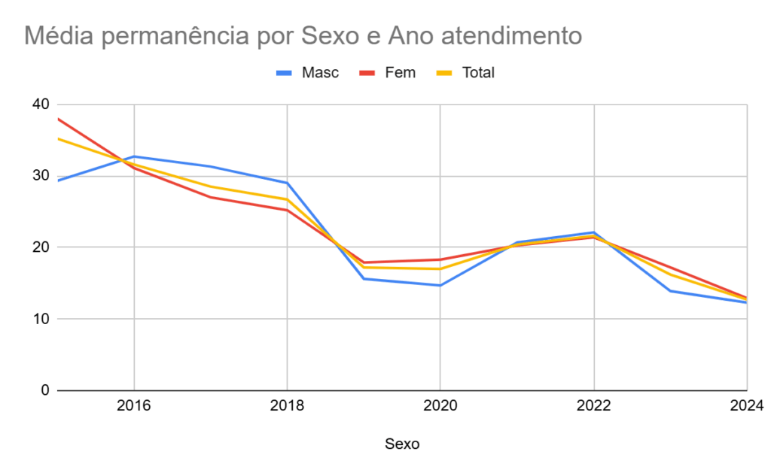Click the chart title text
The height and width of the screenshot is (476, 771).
coord(303,35)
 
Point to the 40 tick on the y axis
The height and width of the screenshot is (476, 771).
coord(39,105)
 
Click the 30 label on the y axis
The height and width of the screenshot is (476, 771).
coord(39,176)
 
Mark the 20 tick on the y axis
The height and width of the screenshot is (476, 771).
coord(39,247)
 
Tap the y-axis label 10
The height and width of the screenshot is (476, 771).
coord(39,319)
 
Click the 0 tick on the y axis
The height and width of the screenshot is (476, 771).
coord(44,390)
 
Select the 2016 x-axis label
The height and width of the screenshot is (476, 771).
coord(134,407)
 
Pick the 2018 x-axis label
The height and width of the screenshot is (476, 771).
coord(287,407)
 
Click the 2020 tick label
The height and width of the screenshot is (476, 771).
coord(440,407)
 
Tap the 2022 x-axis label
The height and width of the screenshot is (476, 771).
coord(594,407)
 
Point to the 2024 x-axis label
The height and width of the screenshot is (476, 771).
coord(747,407)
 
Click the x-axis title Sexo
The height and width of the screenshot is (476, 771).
coord(402,444)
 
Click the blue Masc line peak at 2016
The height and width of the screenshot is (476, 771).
coord(134,156)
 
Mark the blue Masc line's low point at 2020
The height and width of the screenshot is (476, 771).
coord(440,285)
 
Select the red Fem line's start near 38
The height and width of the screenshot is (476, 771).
coord(59,119)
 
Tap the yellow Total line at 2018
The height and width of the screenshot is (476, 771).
coord(287,199)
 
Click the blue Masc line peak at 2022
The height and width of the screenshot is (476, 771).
coord(594,232)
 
